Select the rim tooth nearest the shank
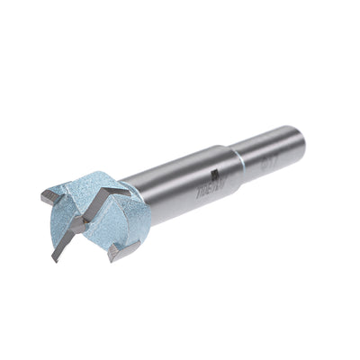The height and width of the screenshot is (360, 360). [x=115, y=255]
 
